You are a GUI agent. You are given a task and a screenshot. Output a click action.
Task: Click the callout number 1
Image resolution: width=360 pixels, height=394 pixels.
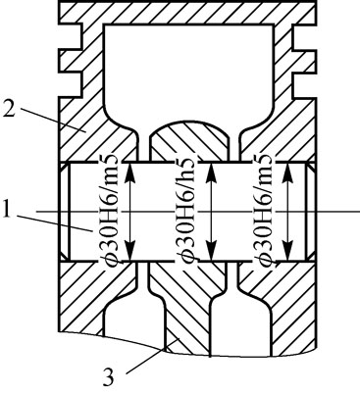pos(6,209)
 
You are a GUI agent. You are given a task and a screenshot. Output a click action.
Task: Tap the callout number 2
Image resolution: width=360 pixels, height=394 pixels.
pos(9,109)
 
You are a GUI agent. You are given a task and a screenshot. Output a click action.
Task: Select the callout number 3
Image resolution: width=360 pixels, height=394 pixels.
pos(109,377)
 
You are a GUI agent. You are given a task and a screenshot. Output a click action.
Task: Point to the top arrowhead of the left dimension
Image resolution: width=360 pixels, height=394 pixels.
pos(130,172)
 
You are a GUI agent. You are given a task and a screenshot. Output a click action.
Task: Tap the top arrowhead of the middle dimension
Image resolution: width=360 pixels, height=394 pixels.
pos(213,172)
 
